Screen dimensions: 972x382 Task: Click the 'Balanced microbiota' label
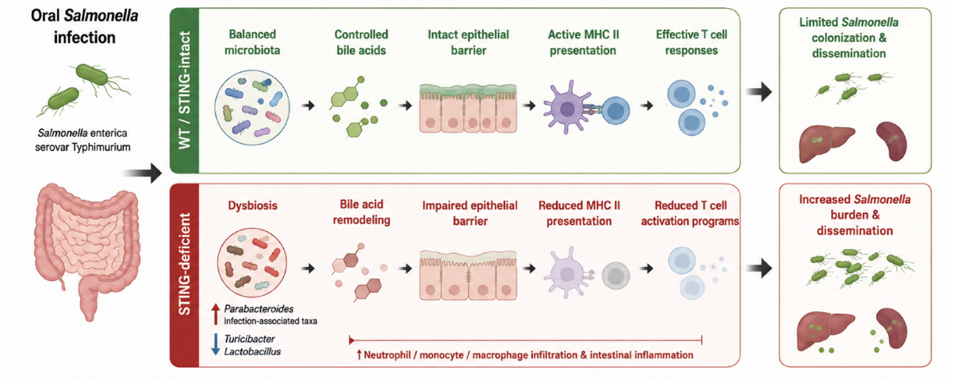tap(252, 42)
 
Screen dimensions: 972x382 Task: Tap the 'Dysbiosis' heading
tap(252, 205)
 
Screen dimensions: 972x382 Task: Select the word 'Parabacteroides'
tap(259, 309)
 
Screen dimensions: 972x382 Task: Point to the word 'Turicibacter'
tap(249, 339)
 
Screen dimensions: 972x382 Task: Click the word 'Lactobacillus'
tap(252, 352)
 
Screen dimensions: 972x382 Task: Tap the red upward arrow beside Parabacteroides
tap(215, 314)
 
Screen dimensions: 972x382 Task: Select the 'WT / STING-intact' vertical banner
tap(184, 90)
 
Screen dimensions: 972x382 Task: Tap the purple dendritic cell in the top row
tap(567, 107)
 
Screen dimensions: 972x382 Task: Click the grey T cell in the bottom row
tap(615, 276)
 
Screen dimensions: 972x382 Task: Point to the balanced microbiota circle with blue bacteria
tap(252, 108)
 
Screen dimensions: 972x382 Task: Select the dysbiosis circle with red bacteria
tap(252, 263)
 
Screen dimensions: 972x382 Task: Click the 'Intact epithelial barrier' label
tap(468, 42)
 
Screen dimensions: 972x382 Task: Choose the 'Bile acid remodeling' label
tap(361, 212)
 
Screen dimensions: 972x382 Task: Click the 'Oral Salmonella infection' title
tap(84, 26)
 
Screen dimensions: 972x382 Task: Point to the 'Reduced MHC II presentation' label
tap(579, 213)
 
